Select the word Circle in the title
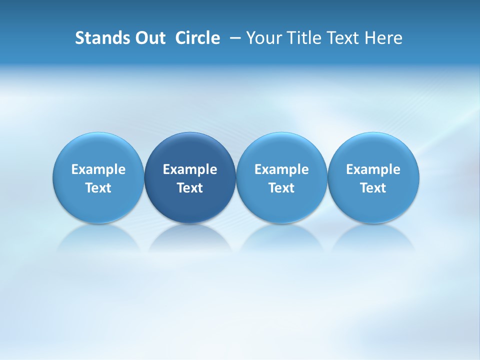coord(197,38)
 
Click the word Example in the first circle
coord(98,169)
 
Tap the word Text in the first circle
coord(98,188)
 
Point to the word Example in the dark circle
coord(190,169)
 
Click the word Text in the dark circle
coord(190,188)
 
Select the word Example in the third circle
coord(281,169)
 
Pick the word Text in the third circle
coord(281,188)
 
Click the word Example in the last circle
coord(373,169)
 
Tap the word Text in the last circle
coord(373,188)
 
